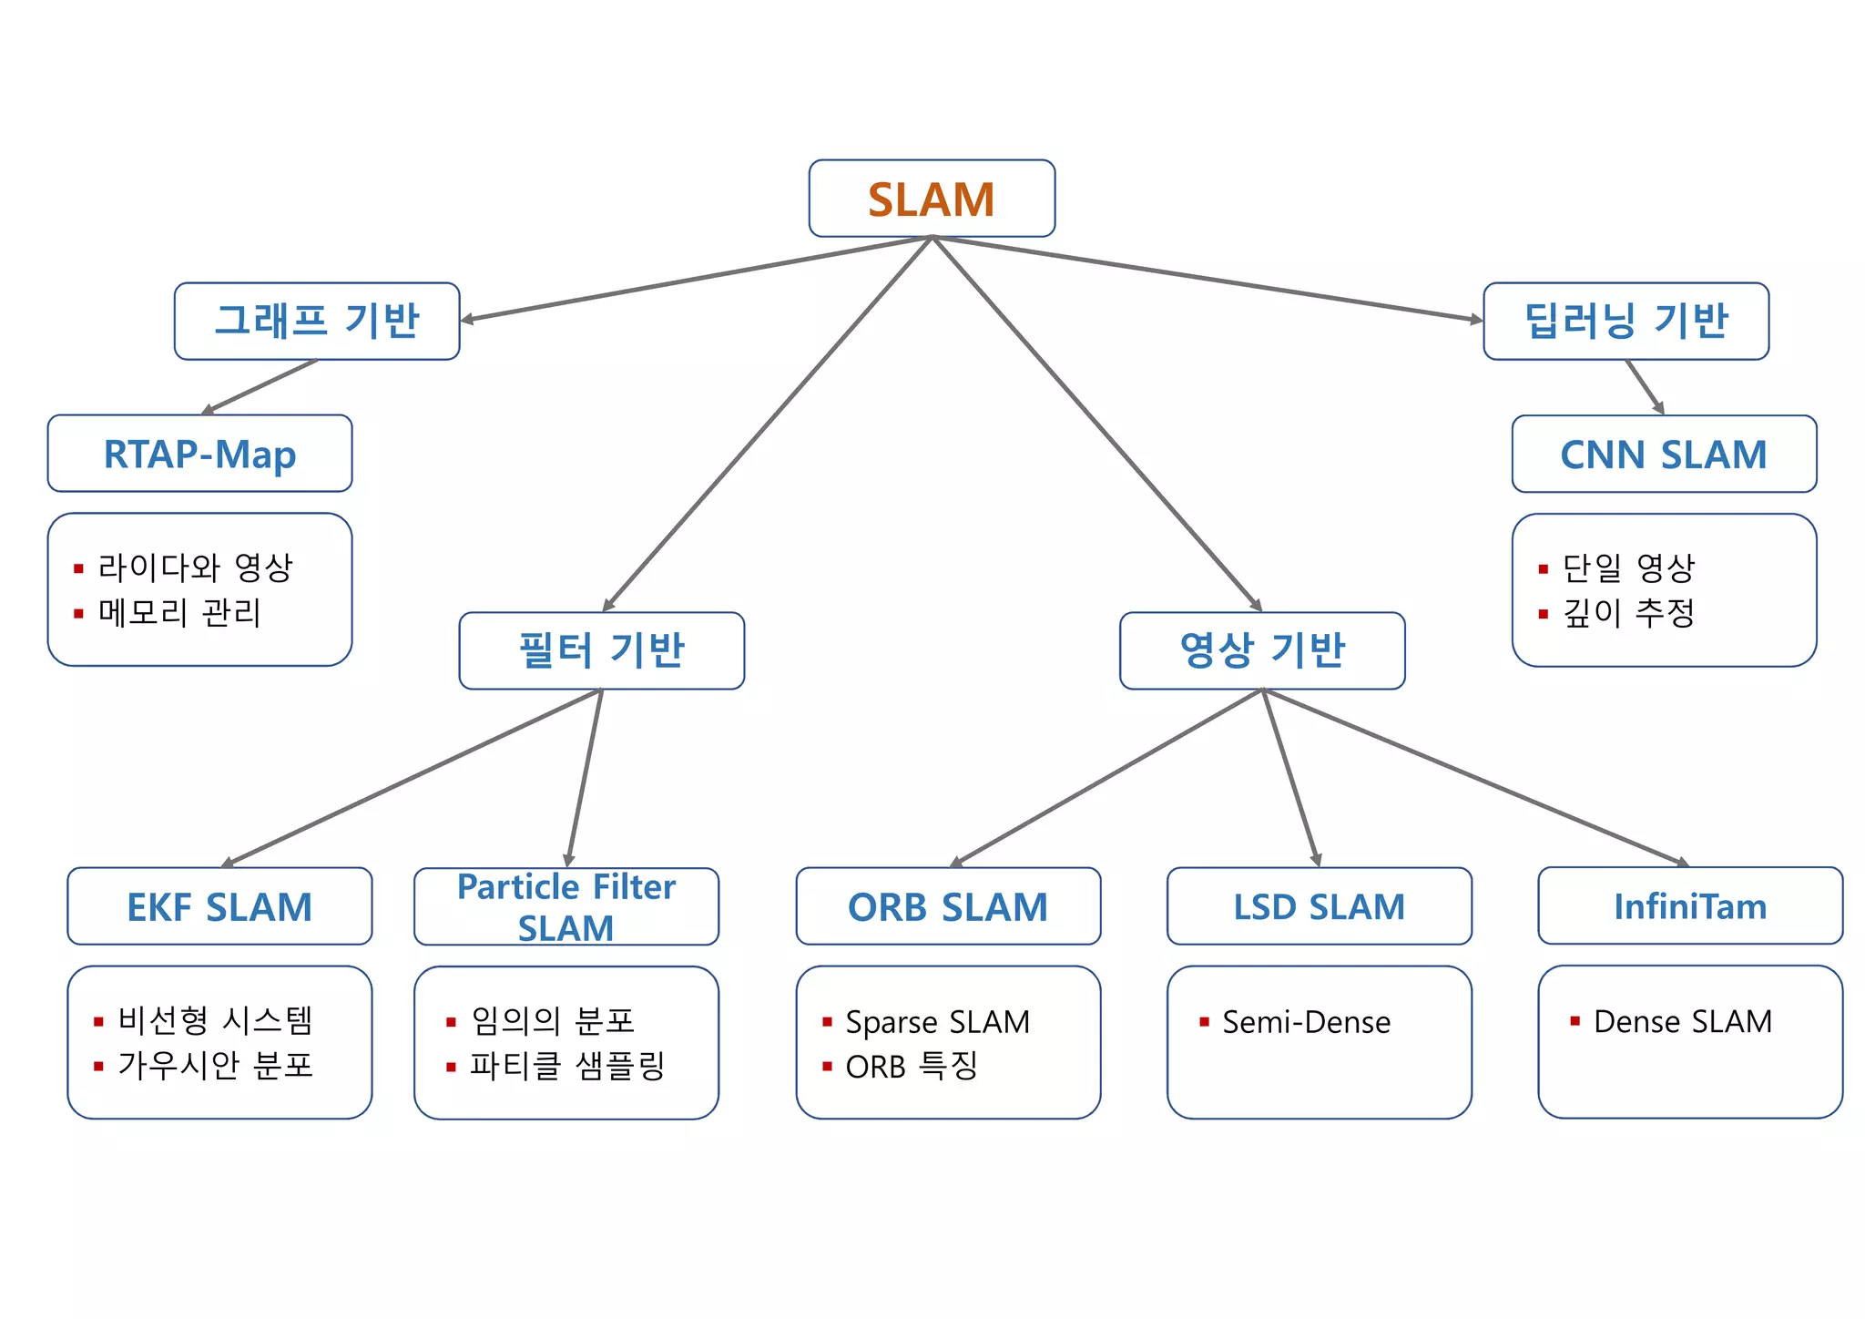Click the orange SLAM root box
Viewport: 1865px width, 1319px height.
click(932, 199)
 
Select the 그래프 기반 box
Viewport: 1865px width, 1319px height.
click(317, 321)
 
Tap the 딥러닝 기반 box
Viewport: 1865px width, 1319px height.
click(1626, 321)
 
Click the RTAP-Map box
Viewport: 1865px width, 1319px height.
click(199, 454)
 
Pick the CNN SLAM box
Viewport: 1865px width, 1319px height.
click(1664, 454)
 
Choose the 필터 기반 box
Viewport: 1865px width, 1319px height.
click(601, 650)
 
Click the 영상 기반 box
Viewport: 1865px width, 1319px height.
click(1262, 650)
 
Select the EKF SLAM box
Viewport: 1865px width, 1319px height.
click(219, 906)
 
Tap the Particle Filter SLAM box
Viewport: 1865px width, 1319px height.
click(566, 906)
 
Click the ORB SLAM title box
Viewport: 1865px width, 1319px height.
click(948, 906)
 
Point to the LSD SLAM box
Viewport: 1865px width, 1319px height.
click(1319, 906)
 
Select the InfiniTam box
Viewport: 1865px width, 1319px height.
click(1690, 906)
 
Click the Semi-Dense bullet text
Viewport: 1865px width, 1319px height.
click(1306, 1022)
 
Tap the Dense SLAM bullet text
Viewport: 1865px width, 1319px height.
click(1682, 1022)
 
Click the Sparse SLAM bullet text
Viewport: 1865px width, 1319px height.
click(937, 1022)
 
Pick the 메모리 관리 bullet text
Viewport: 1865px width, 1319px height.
click(179, 612)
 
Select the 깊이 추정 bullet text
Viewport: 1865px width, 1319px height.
click(1628, 612)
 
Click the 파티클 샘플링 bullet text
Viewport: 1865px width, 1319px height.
click(567, 1066)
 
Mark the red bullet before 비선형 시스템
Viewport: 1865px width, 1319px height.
click(98, 1022)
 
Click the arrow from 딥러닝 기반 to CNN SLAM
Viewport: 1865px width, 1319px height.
click(1645, 386)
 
